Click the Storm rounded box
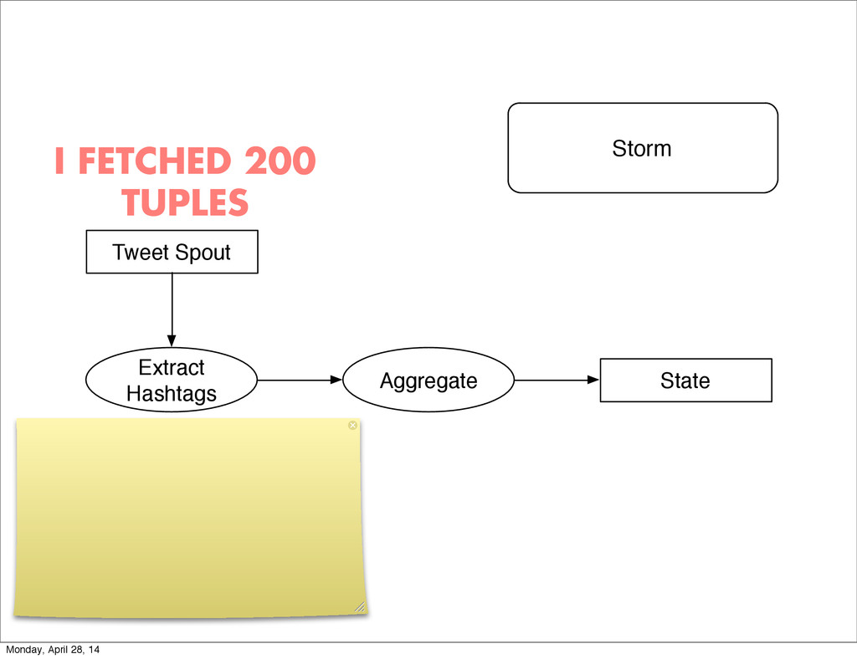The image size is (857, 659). tap(643, 148)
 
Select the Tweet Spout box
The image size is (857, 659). tap(172, 252)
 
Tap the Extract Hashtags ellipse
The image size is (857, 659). tap(172, 381)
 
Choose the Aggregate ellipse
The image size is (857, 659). tap(428, 381)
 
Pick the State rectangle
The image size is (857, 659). tap(685, 381)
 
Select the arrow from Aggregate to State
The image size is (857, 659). tap(557, 380)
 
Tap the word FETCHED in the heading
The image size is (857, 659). tap(156, 161)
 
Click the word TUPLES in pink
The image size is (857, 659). tap(184, 202)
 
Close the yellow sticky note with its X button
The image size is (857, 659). tap(352, 426)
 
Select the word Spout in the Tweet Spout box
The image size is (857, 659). tap(202, 252)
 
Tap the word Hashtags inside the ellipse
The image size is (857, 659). tap(171, 393)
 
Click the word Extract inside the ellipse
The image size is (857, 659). tap(171, 368)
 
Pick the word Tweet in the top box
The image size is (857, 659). tap(139, 252)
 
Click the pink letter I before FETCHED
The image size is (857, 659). tap(59, 161)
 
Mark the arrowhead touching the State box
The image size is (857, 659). tap(594, 380)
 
